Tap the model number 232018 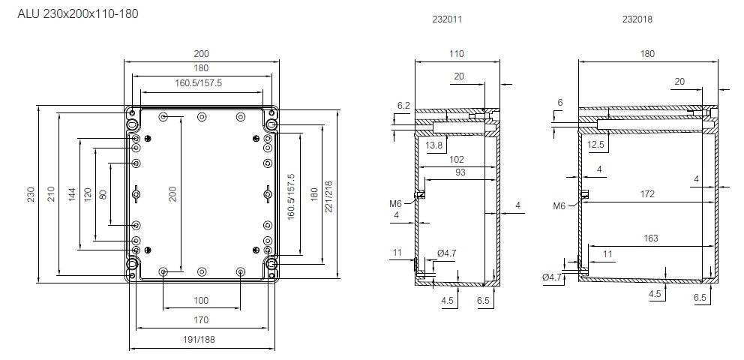pos(637,20)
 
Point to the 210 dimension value pos(51,195)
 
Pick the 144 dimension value pos(72,195)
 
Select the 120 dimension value pos(89,195)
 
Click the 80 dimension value pos(103,195)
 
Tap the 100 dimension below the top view pos(201,300)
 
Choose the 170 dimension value pos(201,320)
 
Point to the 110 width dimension pos(456,53)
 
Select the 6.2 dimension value pos(403,106)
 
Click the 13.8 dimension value pos(433,143)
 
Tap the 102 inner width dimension pos(456,160)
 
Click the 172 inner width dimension pos(646,194)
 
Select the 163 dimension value pos(650,238)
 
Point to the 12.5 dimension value pos(595,143)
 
